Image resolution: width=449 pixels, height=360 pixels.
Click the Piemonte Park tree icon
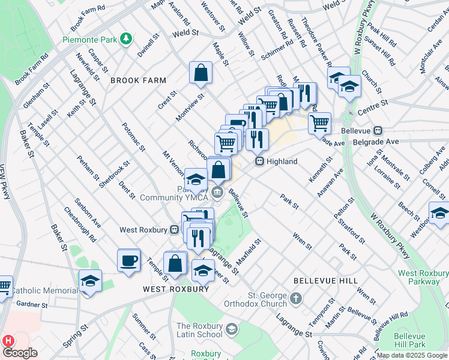[x=126, y=40]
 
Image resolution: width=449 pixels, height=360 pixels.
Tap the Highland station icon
[x=259, y=161]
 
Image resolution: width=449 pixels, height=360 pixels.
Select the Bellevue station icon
[x=378, y=130]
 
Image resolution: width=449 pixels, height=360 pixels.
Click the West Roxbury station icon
[x=174, y=229]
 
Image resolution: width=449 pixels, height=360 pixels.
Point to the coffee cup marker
[x=129, y=260]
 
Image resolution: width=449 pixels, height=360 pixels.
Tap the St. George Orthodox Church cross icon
[x=295, y=298]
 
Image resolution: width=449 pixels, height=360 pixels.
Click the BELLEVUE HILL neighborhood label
[x=325, y=281]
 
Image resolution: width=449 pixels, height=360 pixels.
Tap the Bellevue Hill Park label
[x=410, y=341]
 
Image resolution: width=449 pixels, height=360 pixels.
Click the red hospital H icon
[x=8, y=340]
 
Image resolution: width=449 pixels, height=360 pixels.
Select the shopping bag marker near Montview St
[x=201, y=73]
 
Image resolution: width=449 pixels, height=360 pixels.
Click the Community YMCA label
[x=174, y=197]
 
